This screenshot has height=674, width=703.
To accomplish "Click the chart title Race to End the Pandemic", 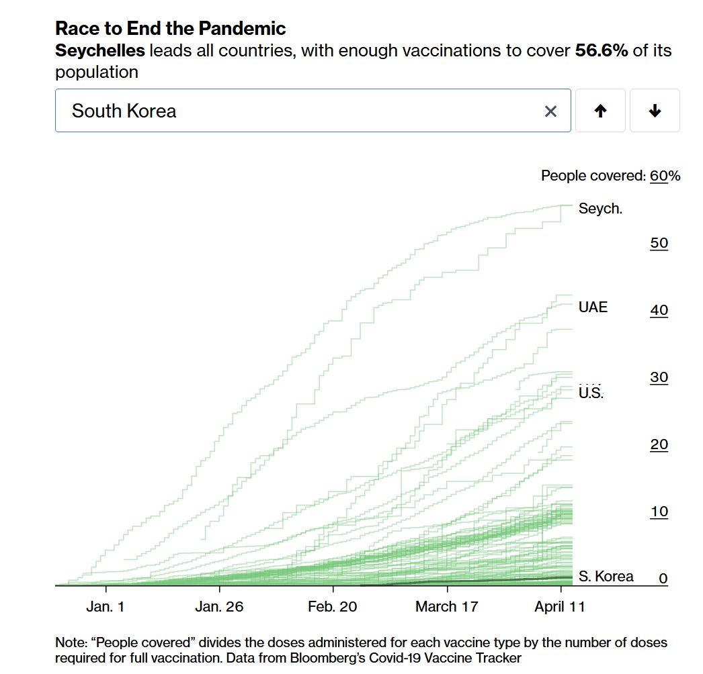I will [170, 29].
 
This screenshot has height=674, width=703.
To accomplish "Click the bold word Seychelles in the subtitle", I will [99, 51].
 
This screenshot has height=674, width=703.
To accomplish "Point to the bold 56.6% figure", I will [602, 51].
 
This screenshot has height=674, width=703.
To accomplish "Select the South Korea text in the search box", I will [124, 111].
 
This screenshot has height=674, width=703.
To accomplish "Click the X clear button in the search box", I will [550, 111].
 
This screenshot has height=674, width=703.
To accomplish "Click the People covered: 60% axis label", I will [610, 176].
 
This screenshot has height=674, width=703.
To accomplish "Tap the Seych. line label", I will [600, 209].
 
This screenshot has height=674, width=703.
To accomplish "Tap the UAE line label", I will [593, 307].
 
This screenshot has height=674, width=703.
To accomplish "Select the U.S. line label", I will [591, 393].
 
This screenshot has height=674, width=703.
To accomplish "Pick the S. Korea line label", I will [606, 576].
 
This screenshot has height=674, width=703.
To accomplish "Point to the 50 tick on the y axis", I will [659, 243].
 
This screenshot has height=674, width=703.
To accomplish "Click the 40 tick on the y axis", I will [659, 310].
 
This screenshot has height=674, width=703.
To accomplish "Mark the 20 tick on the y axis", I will [659, 444].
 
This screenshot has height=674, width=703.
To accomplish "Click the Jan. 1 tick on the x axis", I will [106, 607].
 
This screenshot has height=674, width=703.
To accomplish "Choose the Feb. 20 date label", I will [333, 607].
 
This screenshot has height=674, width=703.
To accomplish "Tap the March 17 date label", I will [446, 607].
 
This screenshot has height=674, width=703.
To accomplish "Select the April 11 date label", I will [559, 607].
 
